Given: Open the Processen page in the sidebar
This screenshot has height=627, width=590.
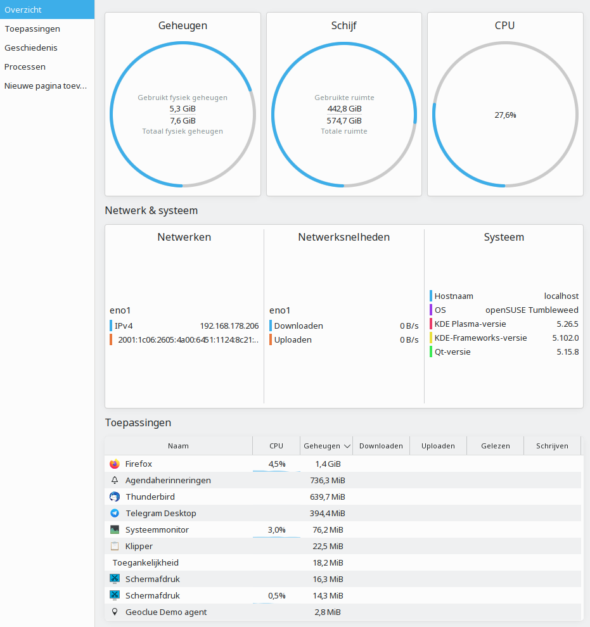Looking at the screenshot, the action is tap(25, 66).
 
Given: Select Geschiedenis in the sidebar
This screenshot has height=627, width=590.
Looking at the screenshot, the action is tap(31, 47).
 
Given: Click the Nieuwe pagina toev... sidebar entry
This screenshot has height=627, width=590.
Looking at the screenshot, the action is tap(46, 85).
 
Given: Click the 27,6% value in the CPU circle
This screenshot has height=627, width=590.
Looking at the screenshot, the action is tap(505, 115).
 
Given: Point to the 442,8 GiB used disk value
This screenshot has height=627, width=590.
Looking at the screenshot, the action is tap(344, 109).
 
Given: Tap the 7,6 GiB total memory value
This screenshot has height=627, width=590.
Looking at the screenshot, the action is tap(183, 121).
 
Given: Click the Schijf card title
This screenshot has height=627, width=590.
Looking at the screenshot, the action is tap(343, 25).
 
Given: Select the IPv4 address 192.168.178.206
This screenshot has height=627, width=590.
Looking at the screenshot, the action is tap(229, 326).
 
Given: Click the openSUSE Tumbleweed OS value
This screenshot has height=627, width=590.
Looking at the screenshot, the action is tap(532, 310).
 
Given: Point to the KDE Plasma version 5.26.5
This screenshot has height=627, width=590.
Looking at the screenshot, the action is tap(568, 324).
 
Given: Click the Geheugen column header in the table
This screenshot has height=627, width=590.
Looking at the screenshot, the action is tap(322, 446).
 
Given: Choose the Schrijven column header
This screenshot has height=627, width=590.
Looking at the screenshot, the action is tap(552, 446).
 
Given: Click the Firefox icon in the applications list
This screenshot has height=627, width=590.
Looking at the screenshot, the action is tap(115, 464).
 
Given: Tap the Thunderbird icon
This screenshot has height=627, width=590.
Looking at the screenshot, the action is tap(115, 497).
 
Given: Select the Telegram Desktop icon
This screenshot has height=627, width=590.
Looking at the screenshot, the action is tap(115, 513).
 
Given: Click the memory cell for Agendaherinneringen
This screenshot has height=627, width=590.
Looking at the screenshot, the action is tap(328, 480).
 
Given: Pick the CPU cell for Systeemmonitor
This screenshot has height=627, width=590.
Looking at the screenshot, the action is tap(277, 530).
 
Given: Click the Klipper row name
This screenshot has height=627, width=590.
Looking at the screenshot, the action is tap(139, 546).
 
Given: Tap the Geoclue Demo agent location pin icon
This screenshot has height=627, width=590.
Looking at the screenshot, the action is tap(115, 612).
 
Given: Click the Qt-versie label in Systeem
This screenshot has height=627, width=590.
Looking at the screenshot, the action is tap(452, 352).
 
